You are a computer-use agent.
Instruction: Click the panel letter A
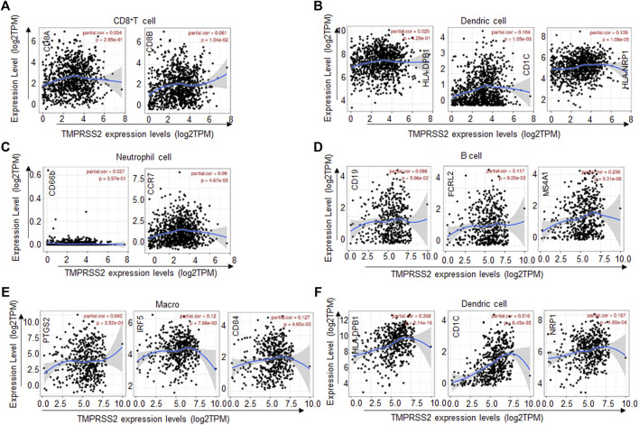pos(8,7)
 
